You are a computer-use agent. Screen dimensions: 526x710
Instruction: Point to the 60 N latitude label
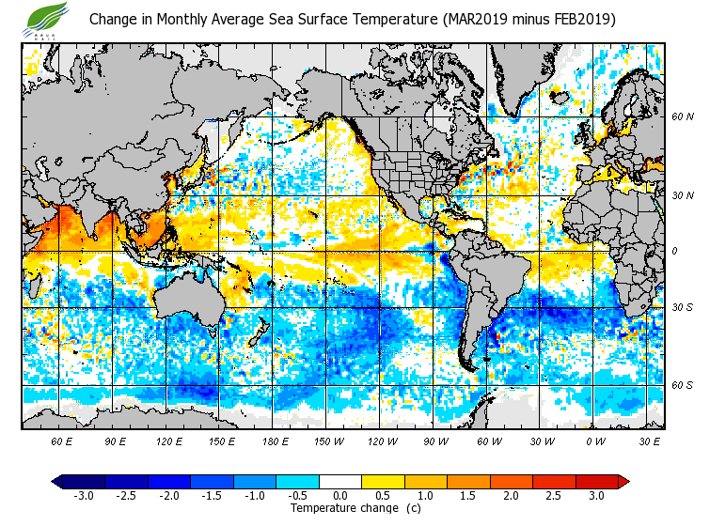coord(682,116)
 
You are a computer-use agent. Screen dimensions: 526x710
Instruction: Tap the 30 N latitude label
coord(682,194)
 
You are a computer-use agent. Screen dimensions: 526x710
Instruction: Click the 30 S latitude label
coord(682,307)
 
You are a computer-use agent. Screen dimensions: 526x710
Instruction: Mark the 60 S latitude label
coord(682,385)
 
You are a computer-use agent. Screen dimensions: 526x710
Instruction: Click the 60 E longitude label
coord(62,441)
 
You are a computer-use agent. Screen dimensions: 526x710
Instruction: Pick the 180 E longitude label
coord(276,441)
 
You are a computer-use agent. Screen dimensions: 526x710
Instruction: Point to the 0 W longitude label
coord(595,441)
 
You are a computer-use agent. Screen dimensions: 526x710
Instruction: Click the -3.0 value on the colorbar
coord(83,495)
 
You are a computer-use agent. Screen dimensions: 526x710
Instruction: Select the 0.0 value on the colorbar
coord(339,495)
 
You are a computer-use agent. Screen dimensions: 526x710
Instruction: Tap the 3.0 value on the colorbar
coord(595,495)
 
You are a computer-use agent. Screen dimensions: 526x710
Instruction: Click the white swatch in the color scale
coord(339,481)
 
